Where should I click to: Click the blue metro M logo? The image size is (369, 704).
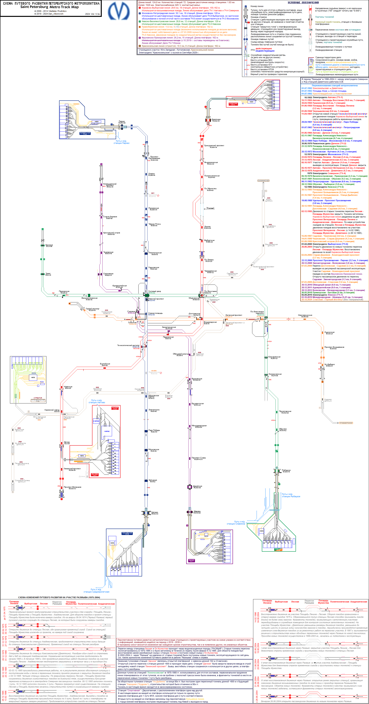point(119,11)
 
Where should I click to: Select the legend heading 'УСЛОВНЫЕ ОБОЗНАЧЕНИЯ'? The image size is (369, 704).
point(303,3)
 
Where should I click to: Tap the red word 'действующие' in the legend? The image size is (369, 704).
point(264,48)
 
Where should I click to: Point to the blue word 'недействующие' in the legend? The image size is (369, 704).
point(265,51)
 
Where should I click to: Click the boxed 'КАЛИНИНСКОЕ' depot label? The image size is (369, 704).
point(264,181)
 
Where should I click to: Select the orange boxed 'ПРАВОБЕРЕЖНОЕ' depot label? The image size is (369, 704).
point(346,423)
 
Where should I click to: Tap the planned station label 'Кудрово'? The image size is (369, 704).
point(328,399)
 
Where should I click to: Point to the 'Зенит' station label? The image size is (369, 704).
point(48,273)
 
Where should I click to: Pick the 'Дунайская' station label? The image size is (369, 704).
point(197,486)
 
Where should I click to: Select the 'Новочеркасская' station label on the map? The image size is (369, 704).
point(305,315)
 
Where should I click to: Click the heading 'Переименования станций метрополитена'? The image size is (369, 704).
point(335,85)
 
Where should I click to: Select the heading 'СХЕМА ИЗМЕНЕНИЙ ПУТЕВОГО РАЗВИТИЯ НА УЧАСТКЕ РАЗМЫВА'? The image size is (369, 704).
point(59,597)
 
